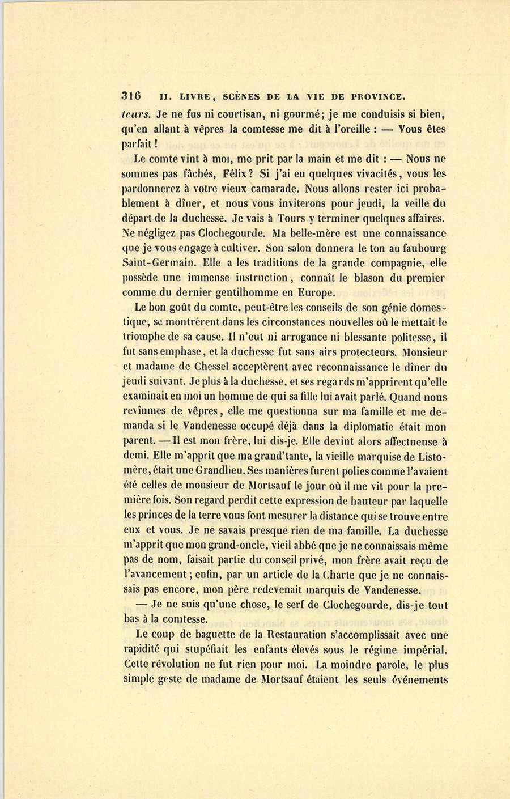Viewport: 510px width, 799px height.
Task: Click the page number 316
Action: pyautogui.click(x=131, y=96)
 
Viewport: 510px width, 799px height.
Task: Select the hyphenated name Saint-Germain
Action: pyautogui.click(x=156, y=263)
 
